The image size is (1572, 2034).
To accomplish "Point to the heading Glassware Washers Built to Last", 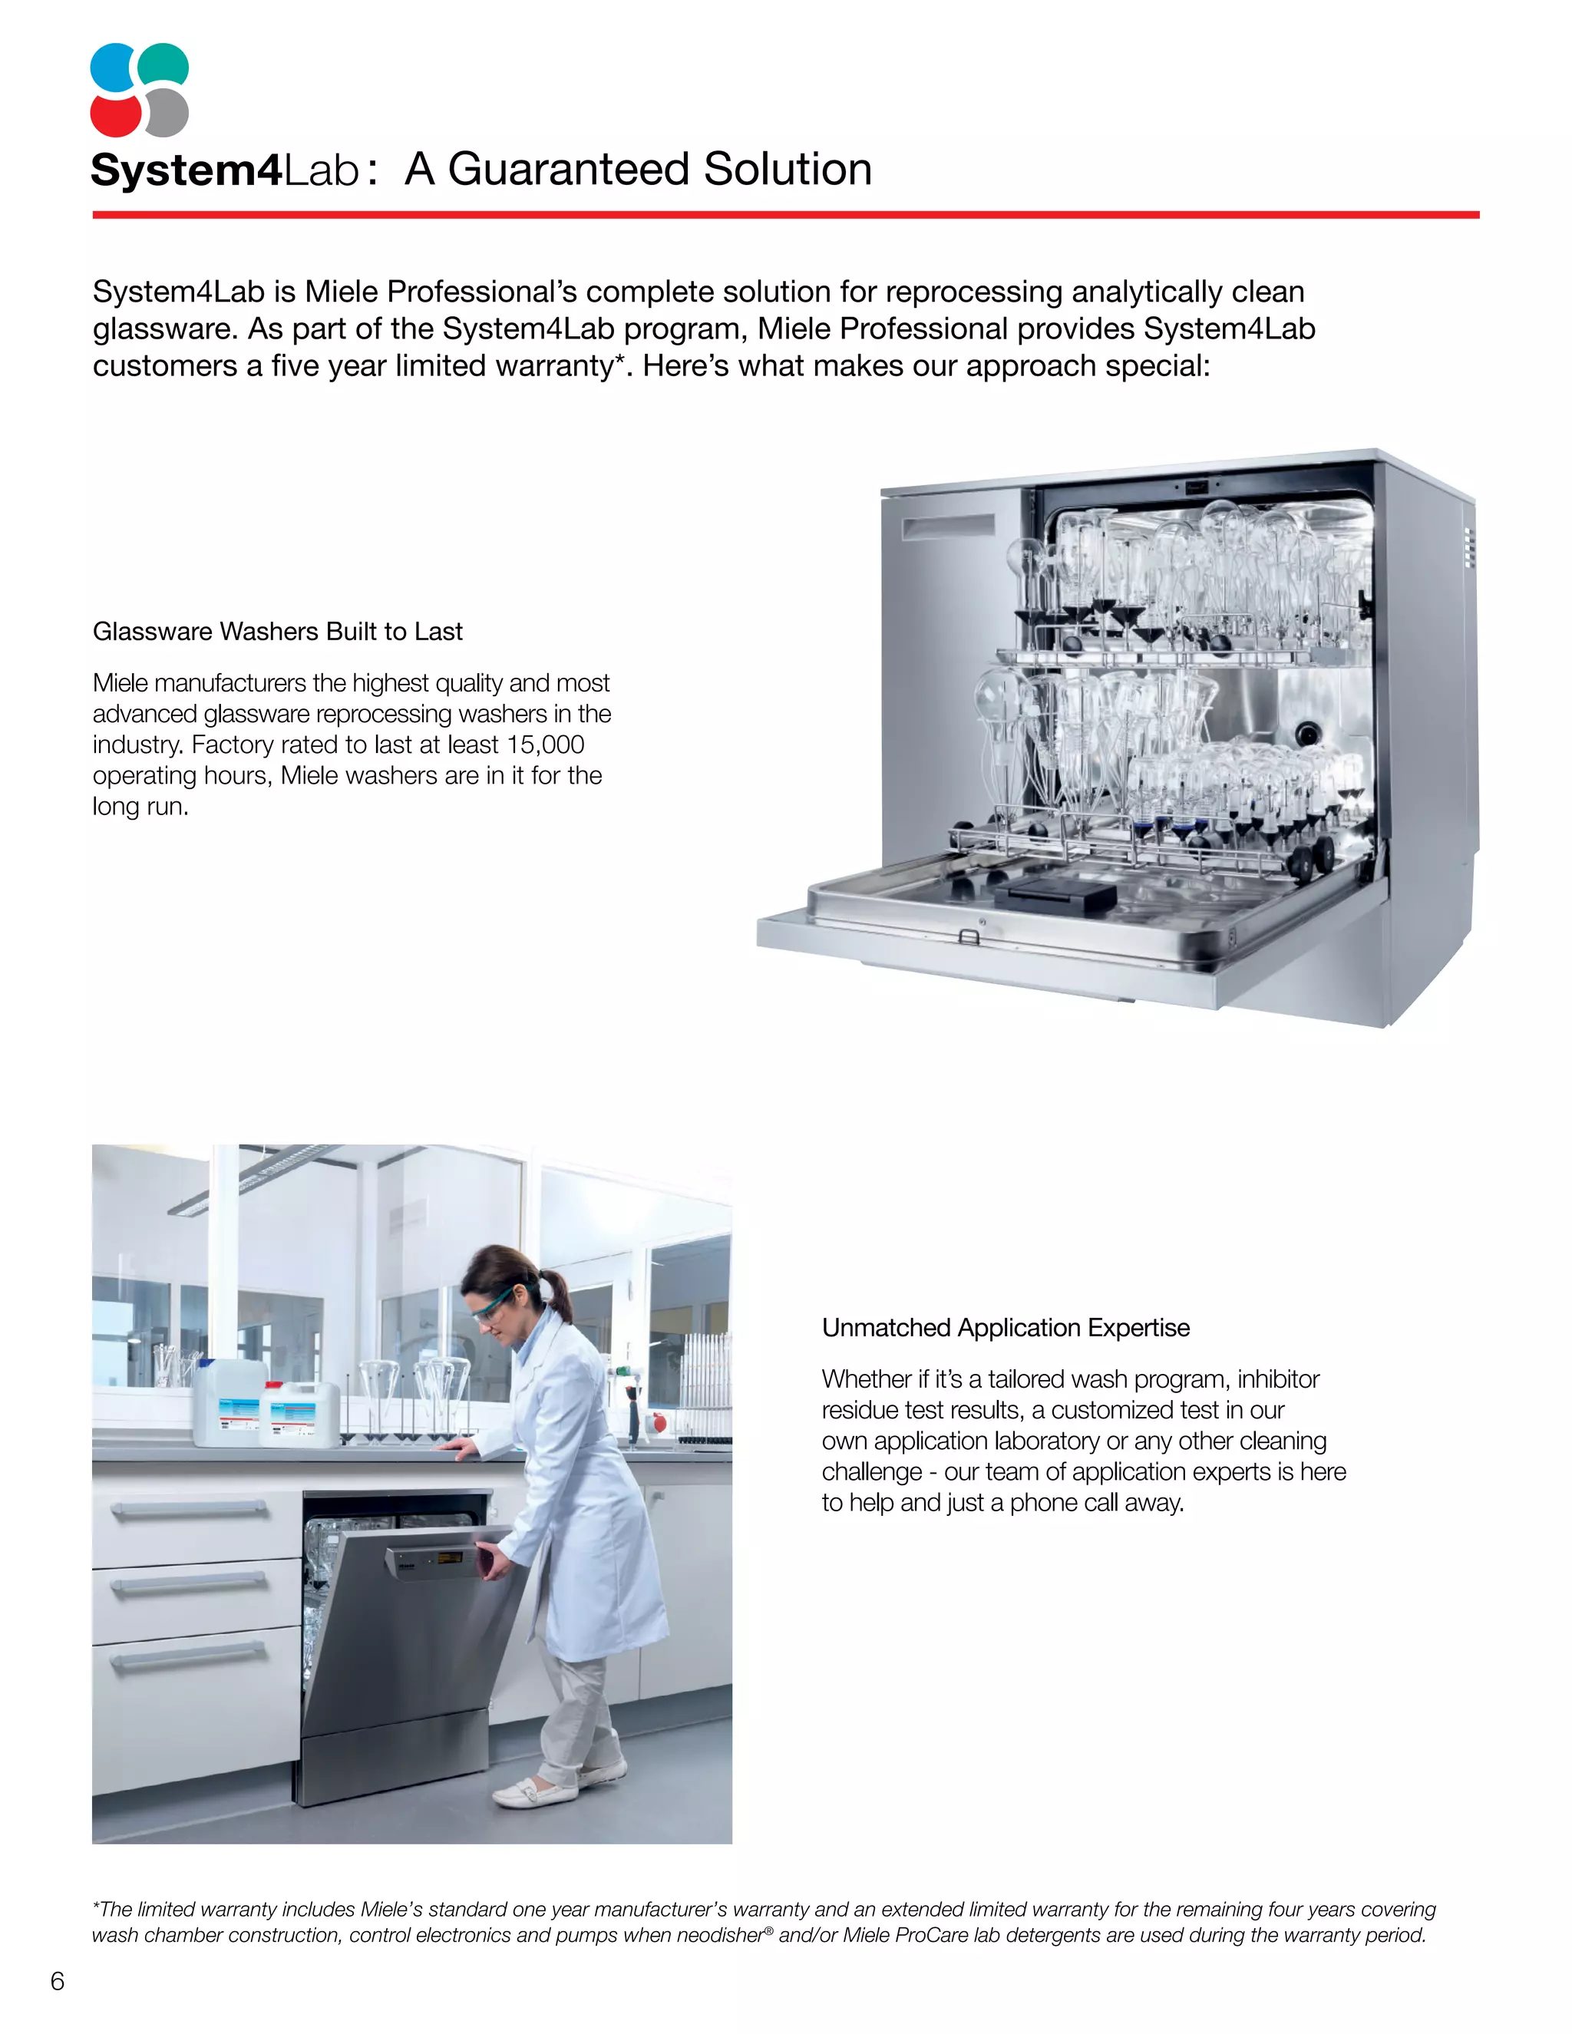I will point(278,632).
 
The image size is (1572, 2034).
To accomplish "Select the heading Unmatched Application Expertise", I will point(1005,1327).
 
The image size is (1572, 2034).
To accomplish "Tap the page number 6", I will point(58,1981).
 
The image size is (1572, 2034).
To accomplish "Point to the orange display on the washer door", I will point(451,1557).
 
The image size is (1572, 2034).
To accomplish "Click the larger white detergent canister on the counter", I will point(228,1402).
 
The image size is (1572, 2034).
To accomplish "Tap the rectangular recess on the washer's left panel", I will point(948,527).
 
